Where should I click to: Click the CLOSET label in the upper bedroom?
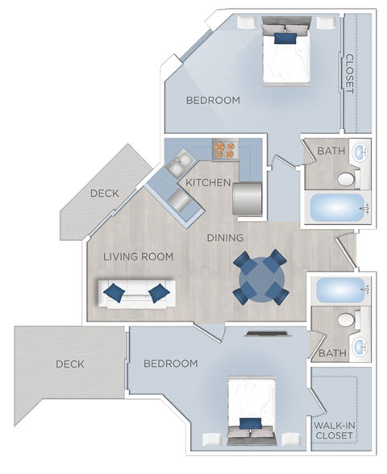coord(349,74)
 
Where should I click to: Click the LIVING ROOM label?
coord(139,256)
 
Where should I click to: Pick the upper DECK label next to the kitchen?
coord(104,193)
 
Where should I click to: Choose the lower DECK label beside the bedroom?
coord(70,364)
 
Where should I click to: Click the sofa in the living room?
coord(137,292)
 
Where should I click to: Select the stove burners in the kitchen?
coord(224,149)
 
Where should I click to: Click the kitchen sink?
coord(177,164)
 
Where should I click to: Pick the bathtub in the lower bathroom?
coord(339,291)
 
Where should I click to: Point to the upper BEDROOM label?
coord(213,101)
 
